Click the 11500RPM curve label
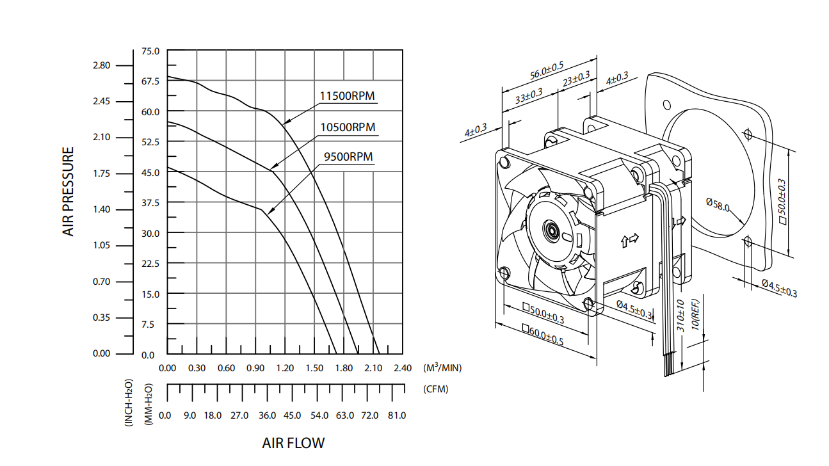coord(347,96)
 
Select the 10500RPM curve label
coord(348,127)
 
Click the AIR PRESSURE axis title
coord(68,192)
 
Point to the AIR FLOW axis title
coord(293,443)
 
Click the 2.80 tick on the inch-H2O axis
coord(102,65)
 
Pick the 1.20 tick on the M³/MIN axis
coord(284,368)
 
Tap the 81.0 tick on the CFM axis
coord(396,415)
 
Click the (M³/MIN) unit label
coord(442,367)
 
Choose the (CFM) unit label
coord(436,389)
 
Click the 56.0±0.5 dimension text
coord(547,70)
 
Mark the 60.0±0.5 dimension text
coord(543,335)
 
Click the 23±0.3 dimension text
coord(576,80)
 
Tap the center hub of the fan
coord(550,230)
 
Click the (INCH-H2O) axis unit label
coord(129,403)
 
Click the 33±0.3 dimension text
coord(529,97)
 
